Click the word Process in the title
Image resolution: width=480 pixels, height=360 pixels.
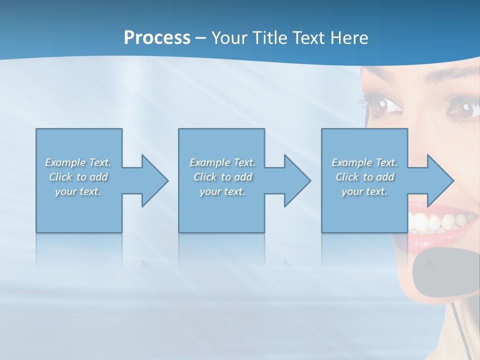(157, 38)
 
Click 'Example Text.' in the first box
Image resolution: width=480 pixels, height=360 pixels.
(78, 162)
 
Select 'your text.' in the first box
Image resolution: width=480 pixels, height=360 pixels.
(78, 191)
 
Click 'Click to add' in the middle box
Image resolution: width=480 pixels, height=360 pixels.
(222, 177)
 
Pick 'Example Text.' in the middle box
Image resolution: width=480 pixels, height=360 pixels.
(222, 162)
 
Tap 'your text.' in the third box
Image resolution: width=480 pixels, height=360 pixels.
(364, 191)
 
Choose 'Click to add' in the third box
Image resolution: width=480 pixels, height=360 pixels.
(364, 177)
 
